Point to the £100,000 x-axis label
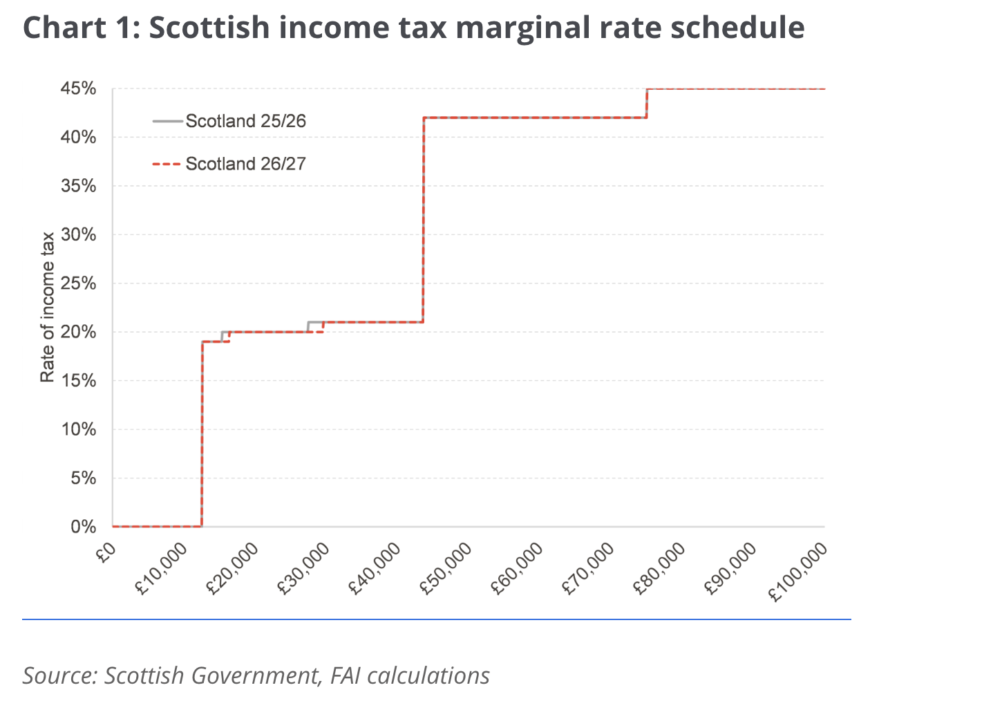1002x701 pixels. (799, 572)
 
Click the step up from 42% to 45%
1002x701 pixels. (646, 104)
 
